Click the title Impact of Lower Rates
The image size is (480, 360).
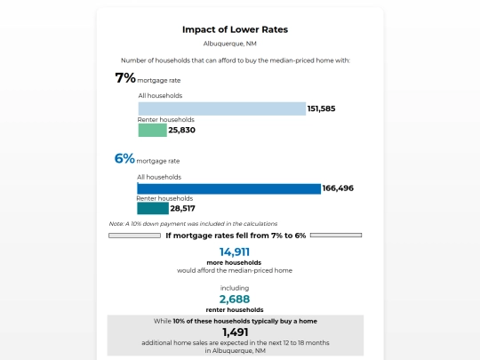[x=235, y=29]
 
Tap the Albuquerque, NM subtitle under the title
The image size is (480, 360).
[x=230, y=44]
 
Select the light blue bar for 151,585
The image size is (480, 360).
[x=222, y=108]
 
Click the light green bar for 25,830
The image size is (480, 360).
[x=153, y=130]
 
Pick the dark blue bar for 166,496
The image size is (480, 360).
[x=229, y=188]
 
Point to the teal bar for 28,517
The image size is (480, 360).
[x=153, y=209]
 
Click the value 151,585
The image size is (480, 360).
[x=322, y=108]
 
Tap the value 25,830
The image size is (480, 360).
[x=182, y=130]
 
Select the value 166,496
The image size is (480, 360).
[x=338, y=188]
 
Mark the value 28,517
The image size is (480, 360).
[x=182, y=209]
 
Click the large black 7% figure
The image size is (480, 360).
[x=125, y=77]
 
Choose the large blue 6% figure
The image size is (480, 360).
[x=124, y=158]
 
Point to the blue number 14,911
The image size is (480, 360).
[x=235, y=252]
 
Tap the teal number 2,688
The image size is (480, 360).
[x=235, y=299]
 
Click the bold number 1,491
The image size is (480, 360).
[x=235, y=332]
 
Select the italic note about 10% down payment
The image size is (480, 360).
[x=193, y=224]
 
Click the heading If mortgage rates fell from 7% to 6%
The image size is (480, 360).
[x=236, y=236]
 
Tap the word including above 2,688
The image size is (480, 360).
[x=235, y=288]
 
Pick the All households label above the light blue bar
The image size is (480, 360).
[x=160, y=95]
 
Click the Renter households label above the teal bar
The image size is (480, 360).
[x=164, y=198]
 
